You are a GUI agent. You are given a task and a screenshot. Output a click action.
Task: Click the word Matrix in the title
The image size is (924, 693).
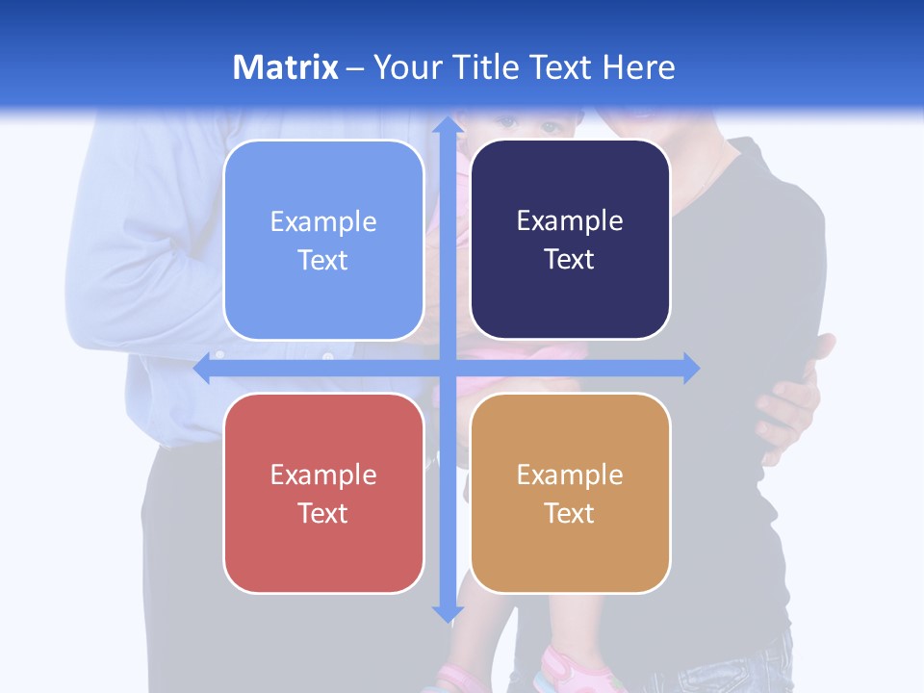(285, 67)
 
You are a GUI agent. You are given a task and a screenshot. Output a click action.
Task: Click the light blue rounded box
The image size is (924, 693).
(323, 240)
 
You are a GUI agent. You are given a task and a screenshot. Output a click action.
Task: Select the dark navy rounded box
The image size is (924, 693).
(570, 240)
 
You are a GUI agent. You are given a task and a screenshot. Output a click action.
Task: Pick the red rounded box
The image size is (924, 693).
(323, 493)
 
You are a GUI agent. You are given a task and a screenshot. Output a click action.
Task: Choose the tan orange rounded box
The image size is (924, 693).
(570, 493)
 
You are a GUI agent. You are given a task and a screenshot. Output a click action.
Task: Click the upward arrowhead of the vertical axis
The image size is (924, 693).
(447, 125)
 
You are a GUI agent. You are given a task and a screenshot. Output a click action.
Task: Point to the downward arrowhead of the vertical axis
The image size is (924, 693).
(447, 612)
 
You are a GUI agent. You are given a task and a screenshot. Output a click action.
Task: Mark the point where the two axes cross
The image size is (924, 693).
(447, 368)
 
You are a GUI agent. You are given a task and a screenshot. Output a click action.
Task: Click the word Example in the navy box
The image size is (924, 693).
(570, 221)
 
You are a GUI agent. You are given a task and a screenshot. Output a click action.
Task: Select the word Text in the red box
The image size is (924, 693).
(323, 513)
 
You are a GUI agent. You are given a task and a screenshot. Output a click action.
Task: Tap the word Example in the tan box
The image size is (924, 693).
(570, 475)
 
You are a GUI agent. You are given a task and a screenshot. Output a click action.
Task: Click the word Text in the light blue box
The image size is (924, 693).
(323, 260)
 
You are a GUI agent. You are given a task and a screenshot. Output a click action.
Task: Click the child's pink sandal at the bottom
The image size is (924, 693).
(568, 669)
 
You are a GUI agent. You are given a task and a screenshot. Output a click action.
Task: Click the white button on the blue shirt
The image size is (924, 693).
(328, 356)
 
